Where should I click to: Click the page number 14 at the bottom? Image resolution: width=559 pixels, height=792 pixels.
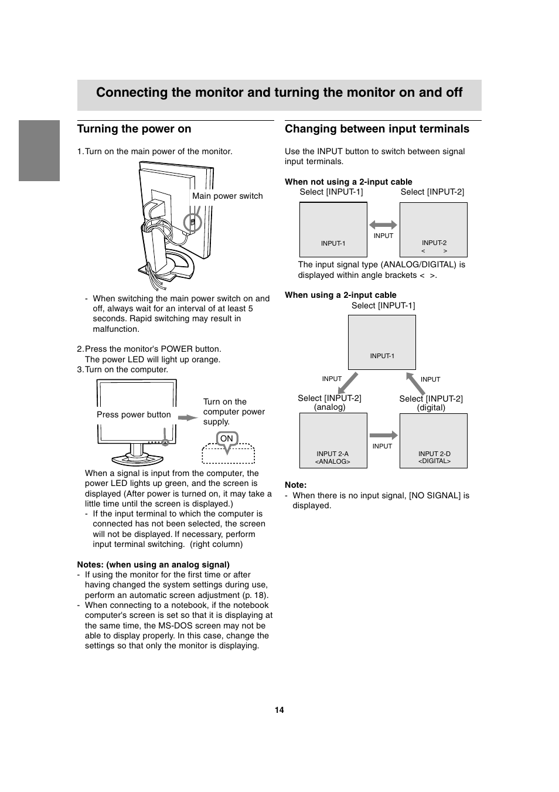coord(279,710)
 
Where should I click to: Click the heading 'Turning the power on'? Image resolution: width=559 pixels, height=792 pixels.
coord(134,129)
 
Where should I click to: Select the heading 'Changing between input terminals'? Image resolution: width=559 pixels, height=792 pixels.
coord(377,129)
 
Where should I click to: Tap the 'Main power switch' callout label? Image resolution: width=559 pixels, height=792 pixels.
coord(227,196)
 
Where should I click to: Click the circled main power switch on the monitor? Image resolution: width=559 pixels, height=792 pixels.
coord(192,223)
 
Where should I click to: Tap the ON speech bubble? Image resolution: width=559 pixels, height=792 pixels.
coord(227,439)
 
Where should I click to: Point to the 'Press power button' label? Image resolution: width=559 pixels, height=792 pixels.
coord(134,414)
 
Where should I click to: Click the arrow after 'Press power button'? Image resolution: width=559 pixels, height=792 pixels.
coord(188,417)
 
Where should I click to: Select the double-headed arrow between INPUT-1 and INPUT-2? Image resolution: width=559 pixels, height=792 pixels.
coord(383,225)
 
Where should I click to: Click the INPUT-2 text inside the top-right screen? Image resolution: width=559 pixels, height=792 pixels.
coord(434,243)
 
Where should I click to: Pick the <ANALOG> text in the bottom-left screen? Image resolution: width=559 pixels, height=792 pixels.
coord(333,461)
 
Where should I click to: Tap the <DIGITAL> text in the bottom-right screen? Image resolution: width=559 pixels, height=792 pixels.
coord(434,461)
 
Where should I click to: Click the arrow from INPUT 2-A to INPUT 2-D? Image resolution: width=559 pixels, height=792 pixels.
coord(383,435)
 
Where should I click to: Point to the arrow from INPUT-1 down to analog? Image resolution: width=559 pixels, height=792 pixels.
coord(347,383)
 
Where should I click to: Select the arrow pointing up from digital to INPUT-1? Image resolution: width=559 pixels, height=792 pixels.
coord(415,383)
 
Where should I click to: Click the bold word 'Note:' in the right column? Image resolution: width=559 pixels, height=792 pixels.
coord(295,485)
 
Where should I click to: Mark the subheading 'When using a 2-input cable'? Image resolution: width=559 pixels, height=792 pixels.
coord(340,295)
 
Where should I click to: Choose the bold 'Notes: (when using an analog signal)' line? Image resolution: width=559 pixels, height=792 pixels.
coord(153,565)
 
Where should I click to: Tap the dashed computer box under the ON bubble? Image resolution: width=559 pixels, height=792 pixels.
coord(229,455)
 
